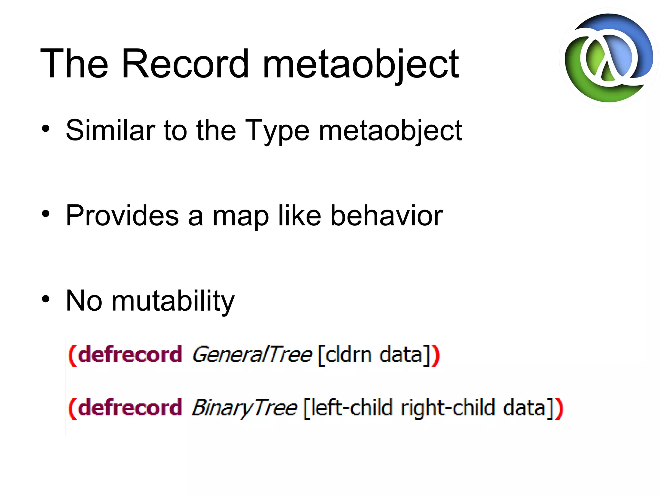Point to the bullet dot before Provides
tap(46, 214)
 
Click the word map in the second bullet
tap(240, 216)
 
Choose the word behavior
tap(386, 215)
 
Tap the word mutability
tap(173, 301)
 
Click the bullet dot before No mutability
tap(46, 299)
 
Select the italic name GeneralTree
tap(252, 355)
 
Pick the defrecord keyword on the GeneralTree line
tap(130, 355)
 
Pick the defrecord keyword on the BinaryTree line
tap(130, 408)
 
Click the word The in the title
tap(74, 64)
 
